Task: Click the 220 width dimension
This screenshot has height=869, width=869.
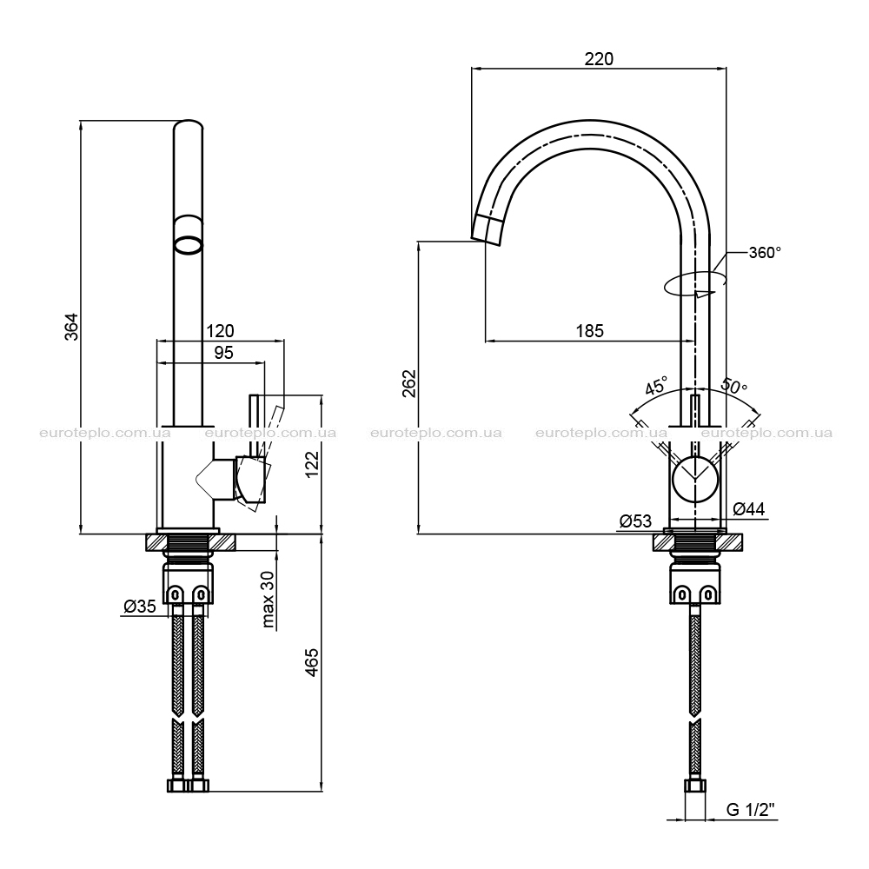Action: click(x=599, y=59)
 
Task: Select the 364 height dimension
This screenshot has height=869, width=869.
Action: click(x=71, y=327)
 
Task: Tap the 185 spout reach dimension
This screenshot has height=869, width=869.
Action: click(x=589, y=331)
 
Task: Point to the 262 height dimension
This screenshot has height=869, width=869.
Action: click(x=409, y=383)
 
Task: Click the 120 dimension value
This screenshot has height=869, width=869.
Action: click(x=220, y=331)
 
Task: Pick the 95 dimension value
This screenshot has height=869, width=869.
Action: click(x=223, y=353)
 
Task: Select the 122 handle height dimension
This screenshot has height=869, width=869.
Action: click(x=313, y=463)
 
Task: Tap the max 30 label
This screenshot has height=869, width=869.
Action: click(x=269, y=599)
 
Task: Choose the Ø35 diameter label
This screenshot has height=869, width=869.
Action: click(x=139, y=607)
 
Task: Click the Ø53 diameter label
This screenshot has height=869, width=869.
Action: click(x=635, y=521)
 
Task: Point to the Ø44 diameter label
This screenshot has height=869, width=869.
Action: click(x=748, y=508)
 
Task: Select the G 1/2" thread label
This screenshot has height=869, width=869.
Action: click(x=750, y=810)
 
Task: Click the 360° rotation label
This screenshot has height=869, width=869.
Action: click(x=765, y=252)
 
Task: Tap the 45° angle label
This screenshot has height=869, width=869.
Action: click(x=655, y=385)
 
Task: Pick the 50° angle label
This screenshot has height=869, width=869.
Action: click(x=733, y=385)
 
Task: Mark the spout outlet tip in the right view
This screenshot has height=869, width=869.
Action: click(x=486, y=241)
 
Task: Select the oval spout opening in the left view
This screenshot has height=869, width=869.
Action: click(x=188, y=245)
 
